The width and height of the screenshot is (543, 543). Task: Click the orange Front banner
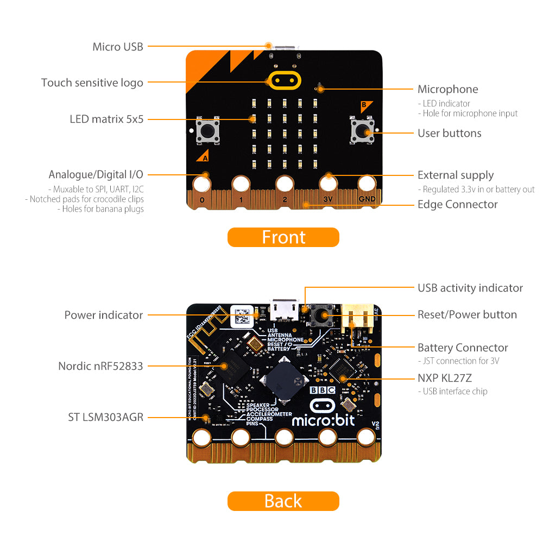[x=283, y=237]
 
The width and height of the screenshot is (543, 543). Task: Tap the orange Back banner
[x=283, y=501]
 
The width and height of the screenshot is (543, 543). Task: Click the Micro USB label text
[x=118, y=47]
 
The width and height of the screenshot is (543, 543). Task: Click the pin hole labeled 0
[x=202, y=184]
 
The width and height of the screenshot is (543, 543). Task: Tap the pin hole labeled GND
[x=367, y=184]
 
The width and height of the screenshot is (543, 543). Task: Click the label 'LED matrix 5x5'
[x=106, y=119]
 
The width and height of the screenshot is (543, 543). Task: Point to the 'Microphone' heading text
[x=448, y=90]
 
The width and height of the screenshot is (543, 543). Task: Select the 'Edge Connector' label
[x=457, y=204]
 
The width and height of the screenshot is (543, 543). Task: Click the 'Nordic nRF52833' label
[x=100, y=366]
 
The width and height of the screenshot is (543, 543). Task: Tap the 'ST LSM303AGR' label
[x=106, y=417]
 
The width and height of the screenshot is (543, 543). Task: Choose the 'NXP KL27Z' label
[x=444, y=378]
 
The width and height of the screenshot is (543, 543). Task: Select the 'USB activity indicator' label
[x=470, y=288]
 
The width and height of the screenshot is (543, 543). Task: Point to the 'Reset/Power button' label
[x=467, y=314]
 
